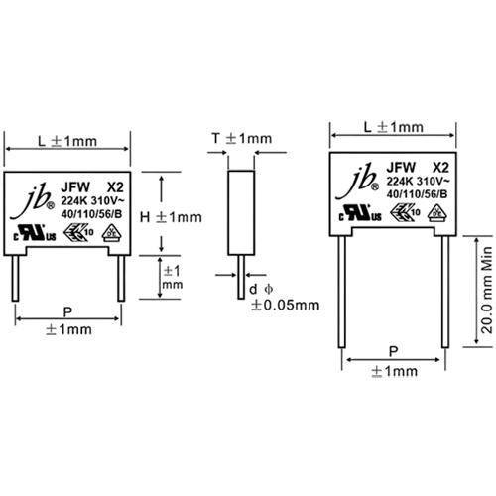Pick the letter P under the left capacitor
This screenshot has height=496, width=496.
point(66,310)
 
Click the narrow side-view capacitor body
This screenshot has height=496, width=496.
point(238,218)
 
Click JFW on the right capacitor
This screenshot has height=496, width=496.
point(401,169)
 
